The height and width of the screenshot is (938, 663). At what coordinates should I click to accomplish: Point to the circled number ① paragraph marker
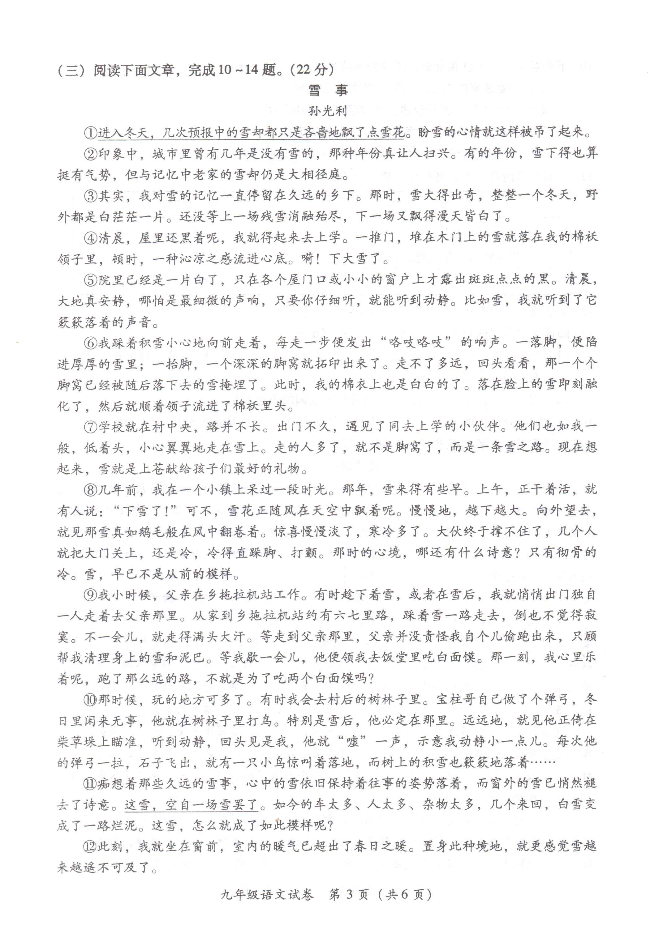click(x=91, y=132)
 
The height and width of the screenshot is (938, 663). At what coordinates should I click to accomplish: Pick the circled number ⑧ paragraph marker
click(x=91, y=489)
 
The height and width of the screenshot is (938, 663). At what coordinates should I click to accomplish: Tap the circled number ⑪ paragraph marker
click(x=91, y=783)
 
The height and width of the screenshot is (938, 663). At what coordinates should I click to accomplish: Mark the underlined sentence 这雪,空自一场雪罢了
click(x=191, y=804)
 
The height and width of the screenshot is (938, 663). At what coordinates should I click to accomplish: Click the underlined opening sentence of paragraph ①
click(x=251, y=132)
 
